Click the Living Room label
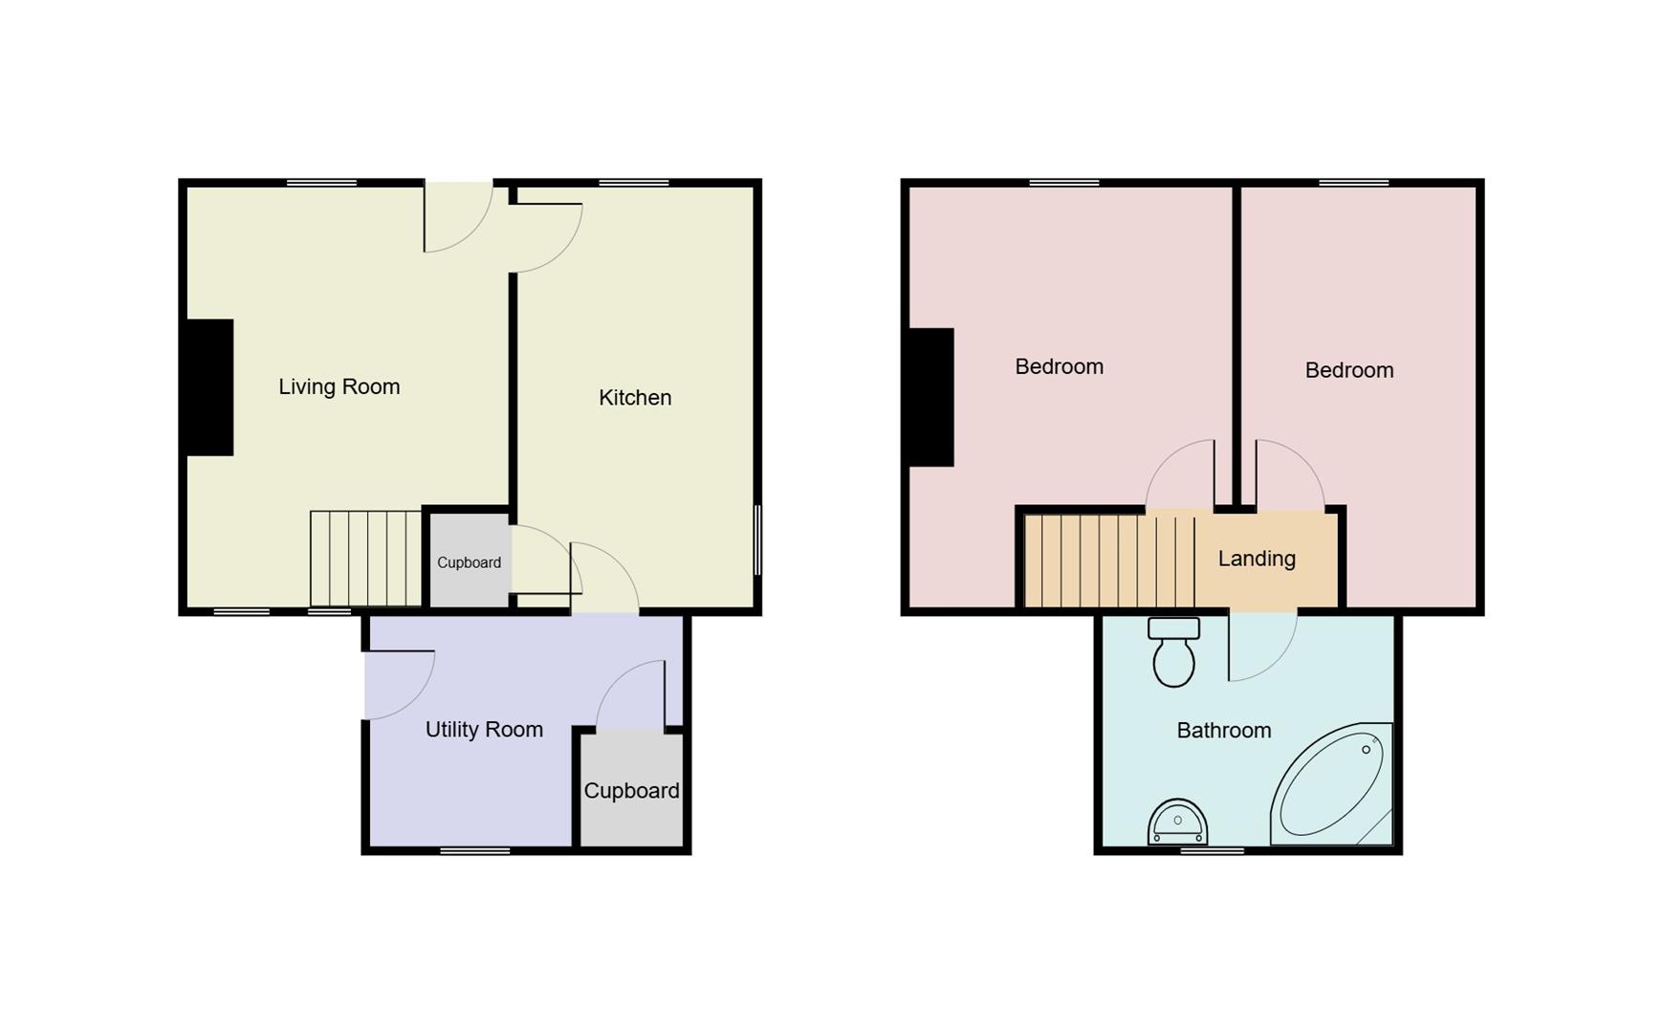tap(339, 386)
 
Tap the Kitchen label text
tap(635, 398)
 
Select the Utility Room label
tap(484, 730)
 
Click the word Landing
tap(1257, 559)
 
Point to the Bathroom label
tap(1223, 731)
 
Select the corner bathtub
tap(1332, 785)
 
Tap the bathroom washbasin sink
tap(1177, 824)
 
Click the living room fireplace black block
tap(209, 387)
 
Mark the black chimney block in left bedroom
tap(930, 397)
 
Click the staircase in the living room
tap(365, 559)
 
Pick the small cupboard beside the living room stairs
tap(469, 562)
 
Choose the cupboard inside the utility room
tap(631, 791)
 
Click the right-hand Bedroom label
tap(1348, 370)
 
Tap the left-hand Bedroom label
tap(1059, 366)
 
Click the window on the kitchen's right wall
tap(757, 540)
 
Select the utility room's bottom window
tap(475, 850)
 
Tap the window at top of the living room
tap(321, 182)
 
